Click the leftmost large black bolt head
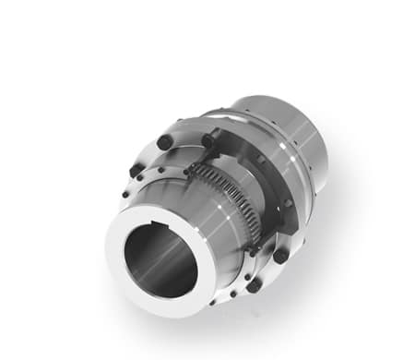(x=136, y=172)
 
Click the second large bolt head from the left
(x=164, y=141)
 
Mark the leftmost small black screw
(x=125, y=195)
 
